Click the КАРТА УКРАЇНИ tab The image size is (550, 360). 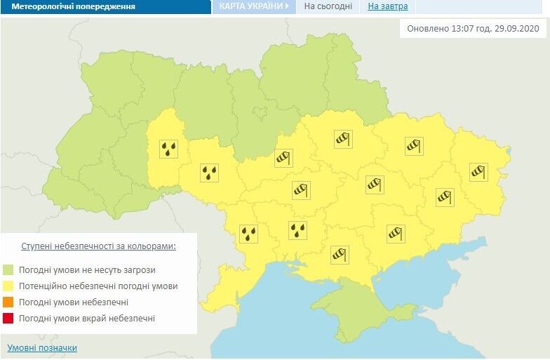click(x=253, y=6)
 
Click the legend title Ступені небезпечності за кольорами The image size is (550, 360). click(x=98, y=247)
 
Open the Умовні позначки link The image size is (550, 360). click(x=42, y=348)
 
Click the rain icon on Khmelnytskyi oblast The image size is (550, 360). click(x=169, y=148)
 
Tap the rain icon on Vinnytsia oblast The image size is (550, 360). click(x=209, y=173)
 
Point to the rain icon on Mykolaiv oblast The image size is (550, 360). click(x=298, y=229)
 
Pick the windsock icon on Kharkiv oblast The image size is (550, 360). click(x=413, y=146)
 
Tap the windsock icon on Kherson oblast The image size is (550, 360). click(x=339, y=253)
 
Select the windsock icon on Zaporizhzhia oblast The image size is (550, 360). click(x=395, y=232)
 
